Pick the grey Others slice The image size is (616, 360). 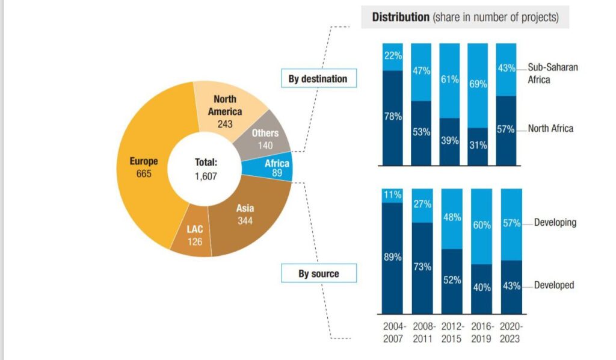(265, 139)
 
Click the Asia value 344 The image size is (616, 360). (245, 220)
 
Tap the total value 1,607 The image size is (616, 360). (206, 176)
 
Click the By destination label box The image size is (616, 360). (318, 78)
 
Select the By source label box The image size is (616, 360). (318, 274)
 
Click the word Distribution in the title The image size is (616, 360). (401, 17)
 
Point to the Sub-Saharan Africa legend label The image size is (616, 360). (552, 73)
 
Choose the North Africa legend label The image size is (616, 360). (550, 128)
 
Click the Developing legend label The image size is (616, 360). (555, 223)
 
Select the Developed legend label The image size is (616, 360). (554, 285)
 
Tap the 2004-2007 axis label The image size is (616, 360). (395, 332)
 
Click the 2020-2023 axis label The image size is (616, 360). (511, 332)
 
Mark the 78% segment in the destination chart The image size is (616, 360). (393, 117)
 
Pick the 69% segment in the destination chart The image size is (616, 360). (478, 85)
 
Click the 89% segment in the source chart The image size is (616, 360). (393, 258)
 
